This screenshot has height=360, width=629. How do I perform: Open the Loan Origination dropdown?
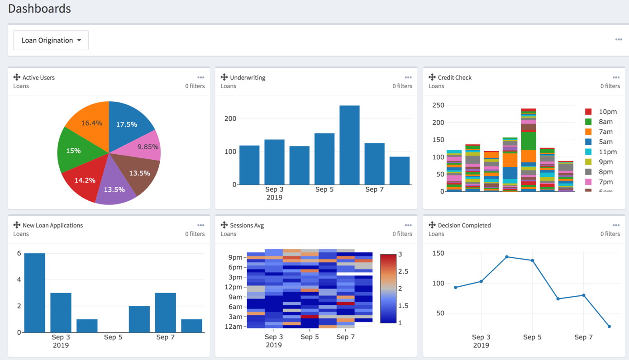click(51, 40)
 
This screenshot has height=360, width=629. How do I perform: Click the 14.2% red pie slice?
click(85, 180)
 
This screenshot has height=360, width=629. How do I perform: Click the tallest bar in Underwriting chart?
click(349, 145)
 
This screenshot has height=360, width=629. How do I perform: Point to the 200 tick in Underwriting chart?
click(230, 119)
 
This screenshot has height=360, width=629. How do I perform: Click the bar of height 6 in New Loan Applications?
click(35, 293)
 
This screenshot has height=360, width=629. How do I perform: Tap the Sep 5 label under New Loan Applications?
click(113, 337)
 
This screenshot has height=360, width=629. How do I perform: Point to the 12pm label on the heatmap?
click(233, 287)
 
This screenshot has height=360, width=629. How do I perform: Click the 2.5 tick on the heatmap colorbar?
click(403, 271)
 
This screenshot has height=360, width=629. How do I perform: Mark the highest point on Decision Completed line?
click(507, 257)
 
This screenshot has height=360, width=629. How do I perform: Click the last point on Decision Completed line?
click(609, 327)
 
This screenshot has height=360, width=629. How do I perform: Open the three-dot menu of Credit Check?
click(616, 78)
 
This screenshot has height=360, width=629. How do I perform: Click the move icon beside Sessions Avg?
click(224, 225)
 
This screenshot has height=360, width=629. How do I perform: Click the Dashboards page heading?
click(39, 9)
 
